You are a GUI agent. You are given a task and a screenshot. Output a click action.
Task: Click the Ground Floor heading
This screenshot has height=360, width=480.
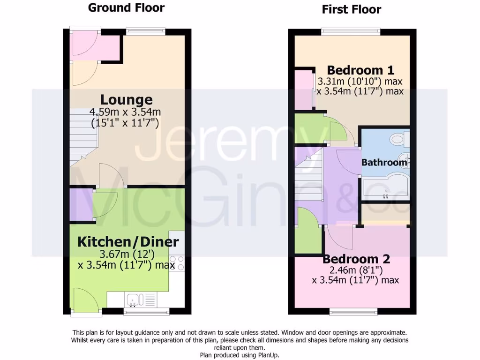coord(126,8)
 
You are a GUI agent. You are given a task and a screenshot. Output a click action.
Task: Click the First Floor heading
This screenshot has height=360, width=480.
coord(352,9)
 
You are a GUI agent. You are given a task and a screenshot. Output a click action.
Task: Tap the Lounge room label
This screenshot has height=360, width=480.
coord(127,100)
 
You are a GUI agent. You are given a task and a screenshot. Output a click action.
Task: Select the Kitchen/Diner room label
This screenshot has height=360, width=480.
coord(128,242)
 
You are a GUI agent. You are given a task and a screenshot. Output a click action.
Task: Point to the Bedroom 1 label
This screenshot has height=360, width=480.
coord(360,70)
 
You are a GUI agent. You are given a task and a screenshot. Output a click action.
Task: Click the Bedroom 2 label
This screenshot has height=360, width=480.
coord(356,259)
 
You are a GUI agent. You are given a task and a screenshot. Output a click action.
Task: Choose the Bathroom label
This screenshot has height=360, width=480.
coord(384,163)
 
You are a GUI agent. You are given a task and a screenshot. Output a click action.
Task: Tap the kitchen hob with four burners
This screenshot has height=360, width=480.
coord(177,262)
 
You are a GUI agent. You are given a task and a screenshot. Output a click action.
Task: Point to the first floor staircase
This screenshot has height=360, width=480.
coord(309,176)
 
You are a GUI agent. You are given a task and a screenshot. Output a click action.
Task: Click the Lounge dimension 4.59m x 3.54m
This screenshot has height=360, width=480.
coord(126,112)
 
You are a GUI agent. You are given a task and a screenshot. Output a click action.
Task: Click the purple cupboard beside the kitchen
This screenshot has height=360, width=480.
coord(75,204)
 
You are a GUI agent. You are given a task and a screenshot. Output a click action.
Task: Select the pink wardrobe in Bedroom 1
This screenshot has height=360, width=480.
coord(303,89)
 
